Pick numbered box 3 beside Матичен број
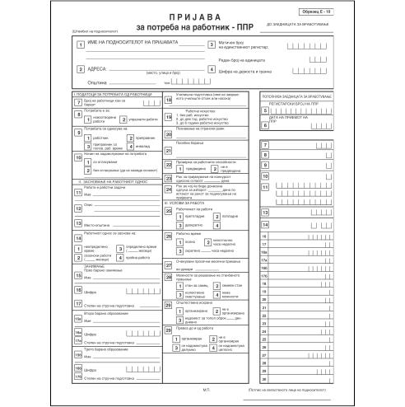coord(208,44)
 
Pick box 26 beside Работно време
coord(169,238)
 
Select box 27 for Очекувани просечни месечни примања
coord(169,265)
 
